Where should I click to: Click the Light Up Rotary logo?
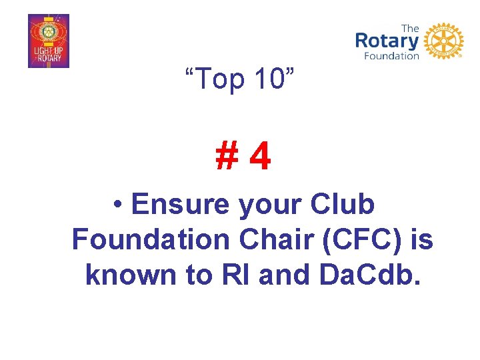point(49,41)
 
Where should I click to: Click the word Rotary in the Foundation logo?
point(387,41)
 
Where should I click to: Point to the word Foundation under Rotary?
point(391,56)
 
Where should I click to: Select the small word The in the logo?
point(411,28)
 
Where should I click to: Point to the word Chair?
point(275,239)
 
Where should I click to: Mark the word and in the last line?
point(283,273)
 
